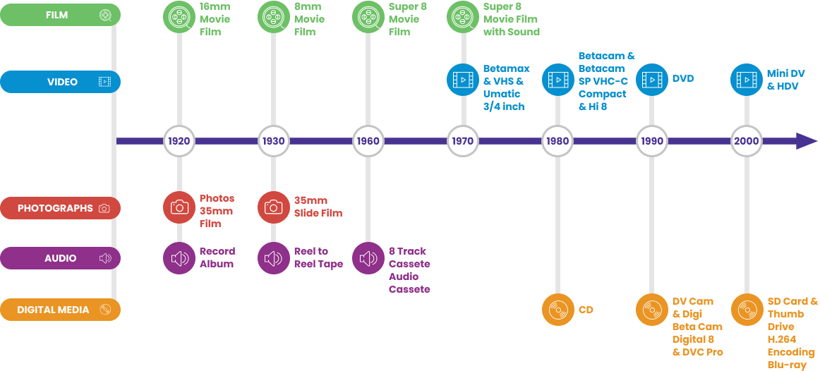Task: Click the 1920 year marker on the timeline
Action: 179,141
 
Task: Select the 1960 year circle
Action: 368,141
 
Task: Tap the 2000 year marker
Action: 746,141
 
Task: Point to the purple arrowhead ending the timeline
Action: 806,141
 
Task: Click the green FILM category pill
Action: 60,15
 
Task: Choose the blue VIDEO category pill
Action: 60,82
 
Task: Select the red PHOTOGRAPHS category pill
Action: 60,208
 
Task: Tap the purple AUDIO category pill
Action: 60,258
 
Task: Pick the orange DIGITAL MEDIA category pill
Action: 60,310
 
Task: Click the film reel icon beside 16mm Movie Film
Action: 179,15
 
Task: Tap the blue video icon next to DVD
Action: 652,80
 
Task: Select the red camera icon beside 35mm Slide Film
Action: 274,207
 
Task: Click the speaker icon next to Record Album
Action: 179,258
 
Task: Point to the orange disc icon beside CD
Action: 557,310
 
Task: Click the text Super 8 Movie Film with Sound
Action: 511,19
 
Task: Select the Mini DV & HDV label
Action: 785,80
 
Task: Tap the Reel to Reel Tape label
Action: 318,257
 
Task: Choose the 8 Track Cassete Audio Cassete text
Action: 409,270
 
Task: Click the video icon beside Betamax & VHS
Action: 463,80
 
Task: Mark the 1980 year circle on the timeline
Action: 557,141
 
